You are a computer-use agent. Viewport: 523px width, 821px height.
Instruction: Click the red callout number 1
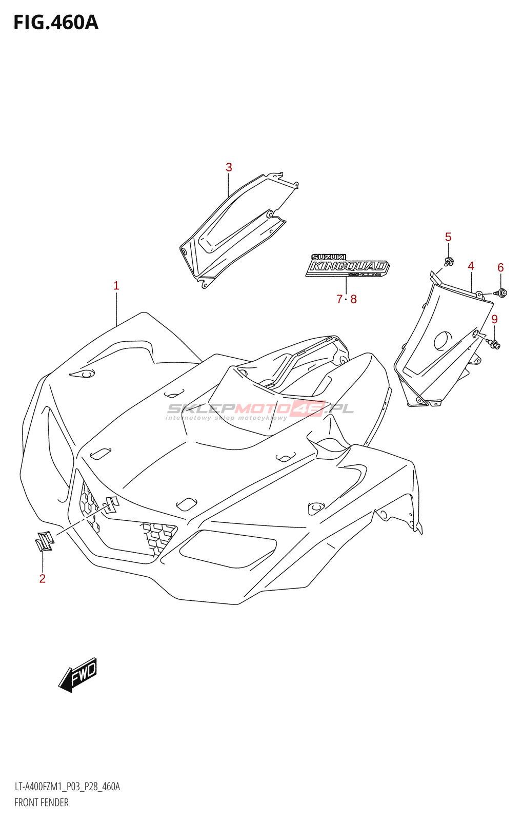tap(116, 286)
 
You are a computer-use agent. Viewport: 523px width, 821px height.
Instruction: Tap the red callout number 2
tap(43, 579)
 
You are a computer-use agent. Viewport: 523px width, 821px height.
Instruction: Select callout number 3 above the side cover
tap(229, 167)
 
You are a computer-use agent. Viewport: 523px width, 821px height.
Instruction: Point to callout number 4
tap(471, 266)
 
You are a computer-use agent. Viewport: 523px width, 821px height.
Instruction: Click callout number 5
tap(448, 237)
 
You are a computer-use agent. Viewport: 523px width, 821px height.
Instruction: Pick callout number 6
tap(500, 267)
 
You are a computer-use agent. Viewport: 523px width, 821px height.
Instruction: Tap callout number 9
tap(494, 319)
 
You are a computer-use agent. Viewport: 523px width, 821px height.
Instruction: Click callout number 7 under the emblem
tap(339, 299)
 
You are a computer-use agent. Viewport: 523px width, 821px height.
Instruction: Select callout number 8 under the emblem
tap(354, 299)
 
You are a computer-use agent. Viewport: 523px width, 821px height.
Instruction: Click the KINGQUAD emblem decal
tap(348, 266)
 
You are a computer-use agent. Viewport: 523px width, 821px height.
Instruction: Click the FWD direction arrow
tap(78, 675)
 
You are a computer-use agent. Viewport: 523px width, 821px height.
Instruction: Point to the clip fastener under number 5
tap(449, 262)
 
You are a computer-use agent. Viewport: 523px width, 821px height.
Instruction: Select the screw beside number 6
tap(501, 293)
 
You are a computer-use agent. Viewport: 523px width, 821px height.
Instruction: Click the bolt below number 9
tap(494, 344)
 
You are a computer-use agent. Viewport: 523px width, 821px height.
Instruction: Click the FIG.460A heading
tap(56, 23)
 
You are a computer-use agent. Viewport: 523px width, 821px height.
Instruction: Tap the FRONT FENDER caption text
tap(42, 803)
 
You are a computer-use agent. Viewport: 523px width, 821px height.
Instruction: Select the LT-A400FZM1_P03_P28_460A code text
tap(67, 787)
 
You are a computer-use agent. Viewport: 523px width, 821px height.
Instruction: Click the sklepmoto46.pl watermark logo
tap(260, 409)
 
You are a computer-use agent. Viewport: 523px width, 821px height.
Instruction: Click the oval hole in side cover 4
tap(443, 341)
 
